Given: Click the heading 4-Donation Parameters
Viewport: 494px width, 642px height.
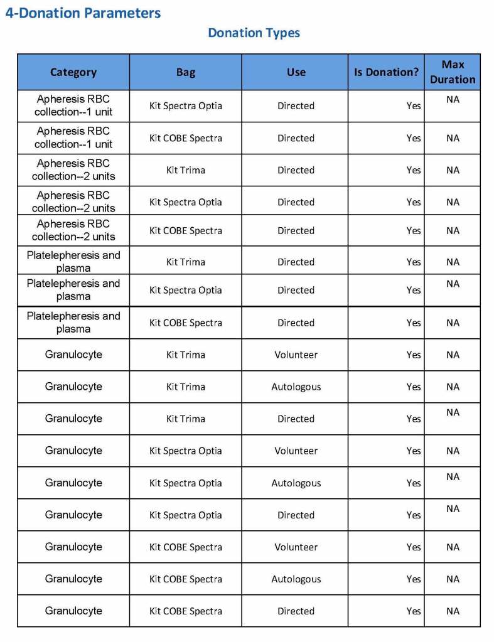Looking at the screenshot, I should (83, 13).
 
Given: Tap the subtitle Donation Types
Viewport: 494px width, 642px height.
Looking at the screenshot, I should (254, 33).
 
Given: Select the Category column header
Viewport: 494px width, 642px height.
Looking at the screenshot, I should (73, 72).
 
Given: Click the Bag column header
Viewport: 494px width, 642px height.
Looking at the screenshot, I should (186, 72).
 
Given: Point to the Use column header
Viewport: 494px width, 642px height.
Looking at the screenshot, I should (296, 72).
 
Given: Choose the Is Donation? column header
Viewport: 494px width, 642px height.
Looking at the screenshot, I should (386, 72).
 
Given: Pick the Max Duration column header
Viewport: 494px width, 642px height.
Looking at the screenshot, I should (453, 72).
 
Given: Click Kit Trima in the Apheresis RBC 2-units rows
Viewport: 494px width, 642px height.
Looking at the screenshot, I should (186, 170).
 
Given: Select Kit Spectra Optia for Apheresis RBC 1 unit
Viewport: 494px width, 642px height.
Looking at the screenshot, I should (186, 105).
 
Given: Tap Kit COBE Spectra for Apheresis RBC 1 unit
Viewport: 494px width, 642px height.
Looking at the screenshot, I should (186, 138).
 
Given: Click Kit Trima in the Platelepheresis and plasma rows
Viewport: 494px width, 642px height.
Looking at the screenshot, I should (186, 262).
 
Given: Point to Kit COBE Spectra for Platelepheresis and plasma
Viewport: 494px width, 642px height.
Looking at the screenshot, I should (186, 323).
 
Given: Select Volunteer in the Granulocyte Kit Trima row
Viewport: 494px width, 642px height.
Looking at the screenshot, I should (296, 355).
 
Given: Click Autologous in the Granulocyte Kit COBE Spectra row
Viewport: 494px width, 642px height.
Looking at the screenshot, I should (296, 579).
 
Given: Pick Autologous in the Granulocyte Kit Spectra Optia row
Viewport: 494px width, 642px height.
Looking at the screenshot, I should (296, 483).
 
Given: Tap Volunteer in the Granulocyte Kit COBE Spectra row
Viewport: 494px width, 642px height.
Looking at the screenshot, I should (296, 547).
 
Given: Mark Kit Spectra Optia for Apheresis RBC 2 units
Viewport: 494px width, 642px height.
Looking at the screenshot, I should (186, 202).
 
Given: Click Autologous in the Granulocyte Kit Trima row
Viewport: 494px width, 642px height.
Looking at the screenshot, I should (296, 387).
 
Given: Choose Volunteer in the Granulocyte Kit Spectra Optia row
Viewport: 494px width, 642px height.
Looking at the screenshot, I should (296, 451).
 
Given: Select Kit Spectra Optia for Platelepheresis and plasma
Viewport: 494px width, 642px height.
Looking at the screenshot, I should (186, 290).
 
